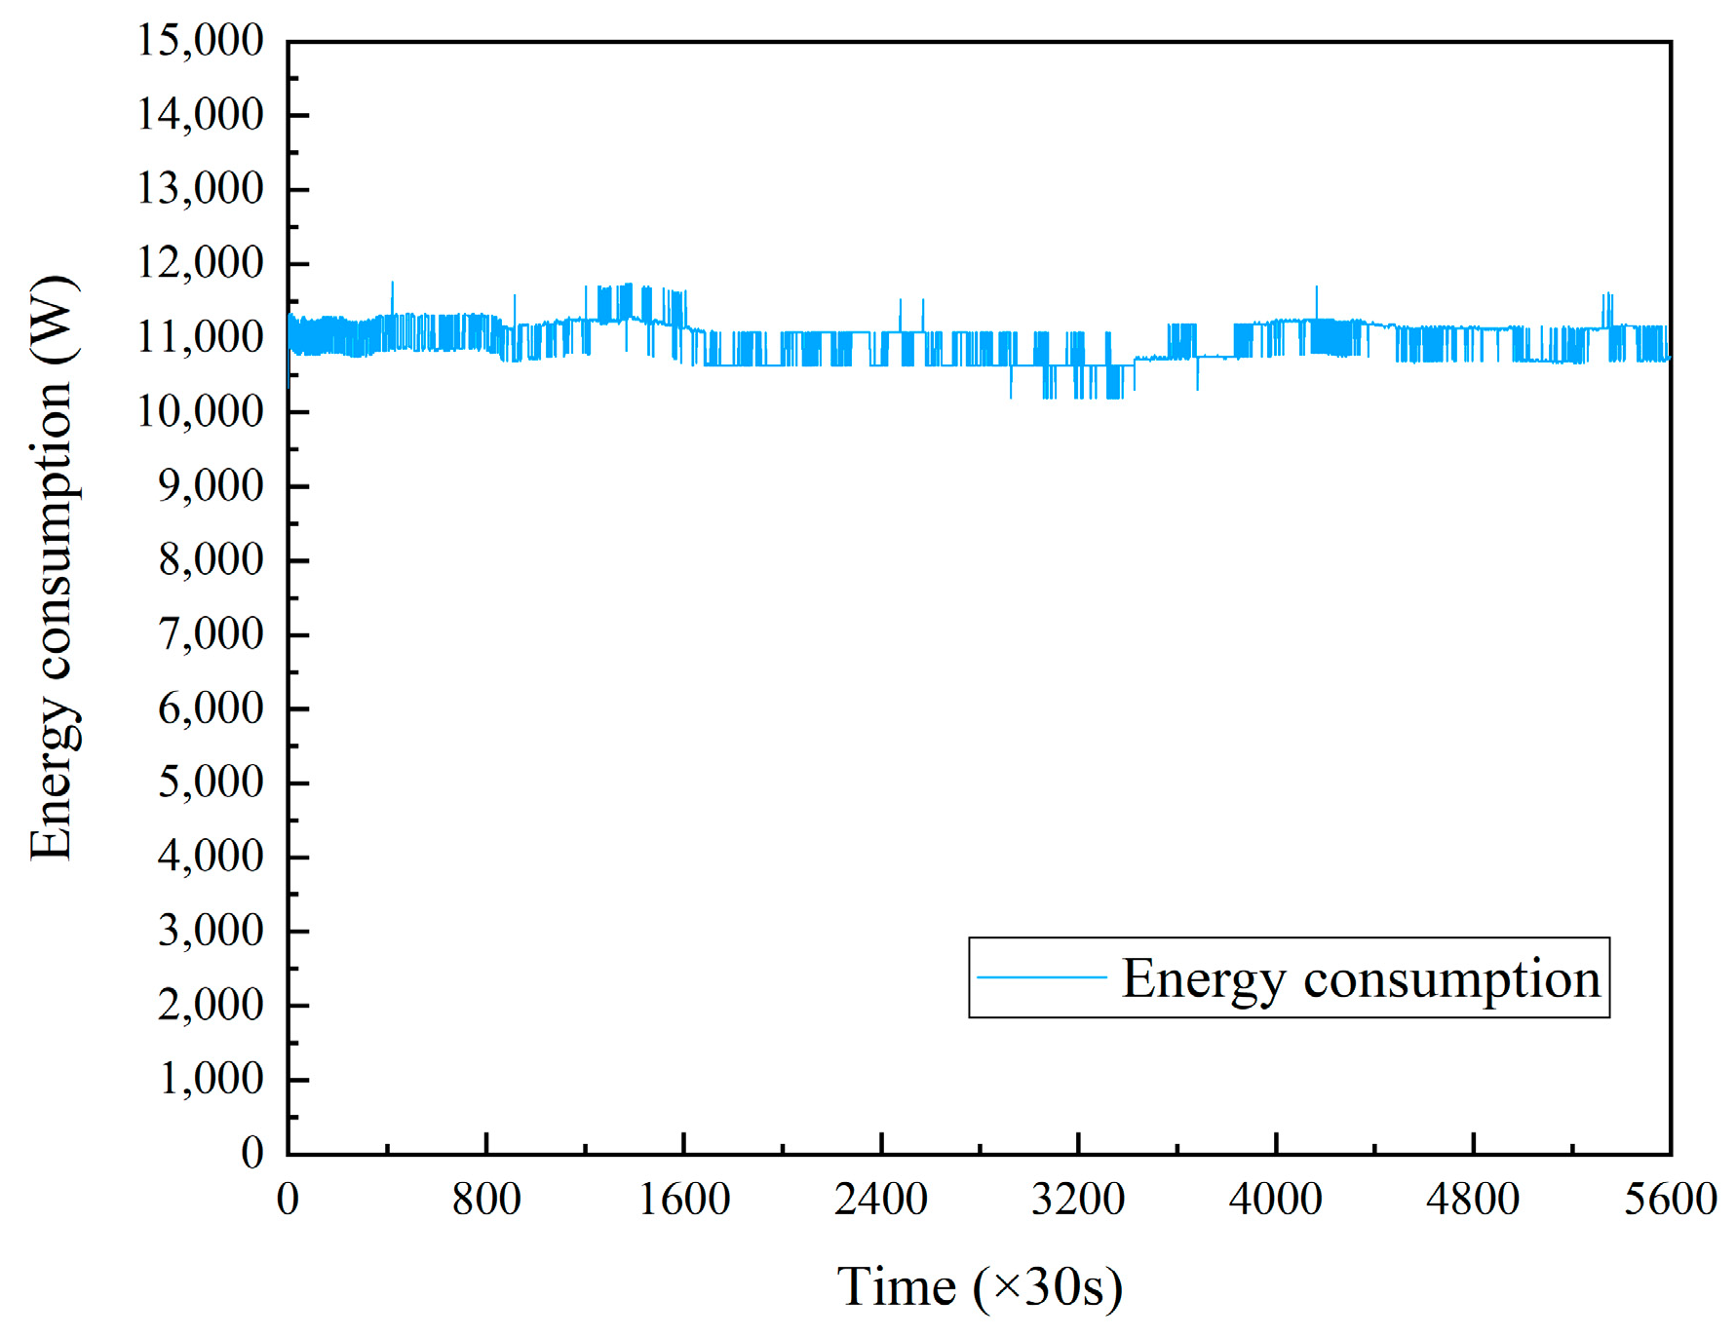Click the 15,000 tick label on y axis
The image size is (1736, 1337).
click(200, 41)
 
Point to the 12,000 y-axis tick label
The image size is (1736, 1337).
click(200, 263)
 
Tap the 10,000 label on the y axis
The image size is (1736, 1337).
click(200, 411)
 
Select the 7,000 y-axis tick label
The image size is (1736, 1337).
click(211, 634)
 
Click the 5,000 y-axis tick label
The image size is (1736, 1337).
click(211, 783)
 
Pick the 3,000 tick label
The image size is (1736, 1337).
click(211, 931)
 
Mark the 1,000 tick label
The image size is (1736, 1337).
click(211, 1080)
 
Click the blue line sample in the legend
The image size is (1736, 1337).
click(1041, 976)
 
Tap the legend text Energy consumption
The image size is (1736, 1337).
click(1361, 978)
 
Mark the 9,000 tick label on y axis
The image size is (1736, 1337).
click(211, 485)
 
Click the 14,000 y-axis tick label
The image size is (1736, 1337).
click(200, 115)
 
